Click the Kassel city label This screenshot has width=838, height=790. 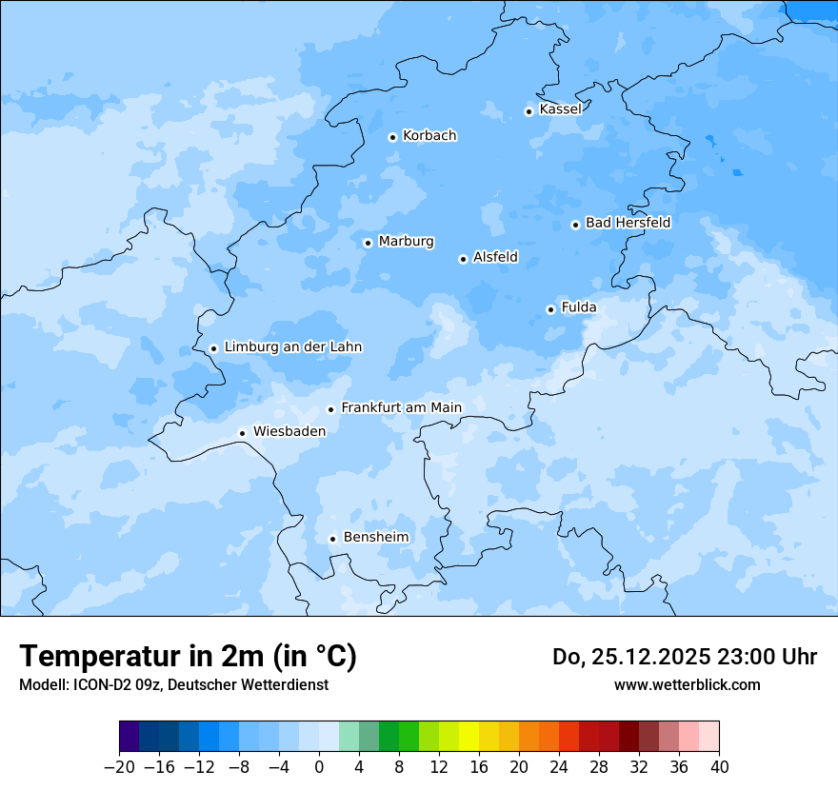(560, 109)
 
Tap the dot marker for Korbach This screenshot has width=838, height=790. (392, 137)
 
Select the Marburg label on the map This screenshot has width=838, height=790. (406, 242)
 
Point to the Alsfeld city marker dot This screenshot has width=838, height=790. (463, 259)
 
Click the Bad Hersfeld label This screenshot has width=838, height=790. (628, 223)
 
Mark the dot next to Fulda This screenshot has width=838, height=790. (550, 309)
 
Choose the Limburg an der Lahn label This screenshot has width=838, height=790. (292, 347)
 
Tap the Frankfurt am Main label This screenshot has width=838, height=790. (401, 407)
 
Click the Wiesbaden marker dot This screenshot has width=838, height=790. (243, 433)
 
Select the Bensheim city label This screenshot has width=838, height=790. (375, 538)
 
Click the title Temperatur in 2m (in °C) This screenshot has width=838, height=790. (188, 656)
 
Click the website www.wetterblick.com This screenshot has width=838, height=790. (687, 684)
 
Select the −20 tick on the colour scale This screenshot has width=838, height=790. (120, 767)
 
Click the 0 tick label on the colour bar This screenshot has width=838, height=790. (319, 767)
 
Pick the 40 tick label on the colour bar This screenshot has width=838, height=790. (719, 767)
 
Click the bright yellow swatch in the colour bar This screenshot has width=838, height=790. (469, 737)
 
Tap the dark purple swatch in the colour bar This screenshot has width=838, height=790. (130, 737)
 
